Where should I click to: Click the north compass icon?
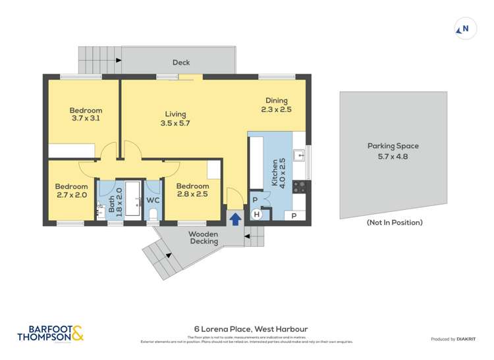465,28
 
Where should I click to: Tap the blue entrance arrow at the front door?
234,219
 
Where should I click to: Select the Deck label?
181,63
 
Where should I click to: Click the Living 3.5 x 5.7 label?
175,118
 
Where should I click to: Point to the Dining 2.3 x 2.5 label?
276,105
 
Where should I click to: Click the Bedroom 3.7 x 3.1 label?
86,115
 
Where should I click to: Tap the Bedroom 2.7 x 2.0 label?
71,191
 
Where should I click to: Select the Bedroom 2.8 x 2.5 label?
192,190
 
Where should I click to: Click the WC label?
153,200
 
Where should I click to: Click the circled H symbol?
258,214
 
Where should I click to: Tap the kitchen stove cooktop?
299,186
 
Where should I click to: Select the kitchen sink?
299,156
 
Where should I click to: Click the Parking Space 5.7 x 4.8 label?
393,151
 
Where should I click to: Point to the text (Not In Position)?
394,222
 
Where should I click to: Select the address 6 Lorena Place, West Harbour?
250,329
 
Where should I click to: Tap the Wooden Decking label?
204,238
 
